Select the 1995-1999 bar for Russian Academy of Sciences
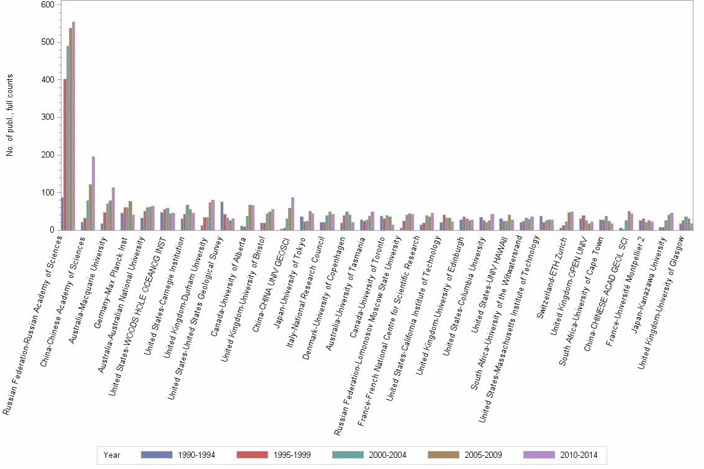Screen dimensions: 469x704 pos(65,154)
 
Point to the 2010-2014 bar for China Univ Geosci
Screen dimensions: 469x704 pos(292,213)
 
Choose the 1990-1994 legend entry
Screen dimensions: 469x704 pos(178,455)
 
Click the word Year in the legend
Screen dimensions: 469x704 pos(112,455)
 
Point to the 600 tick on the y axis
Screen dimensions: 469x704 pos(48,4)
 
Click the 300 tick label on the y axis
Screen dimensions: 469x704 pos(48,117)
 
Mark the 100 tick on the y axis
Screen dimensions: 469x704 pos(48,193)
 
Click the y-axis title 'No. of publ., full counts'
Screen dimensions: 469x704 pos(11,116)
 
